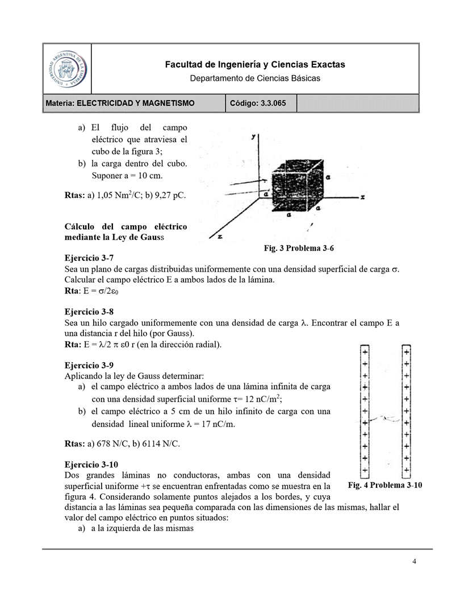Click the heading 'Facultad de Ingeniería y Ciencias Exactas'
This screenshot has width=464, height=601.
coord(254,65)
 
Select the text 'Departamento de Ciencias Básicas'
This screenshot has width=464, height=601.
coord(254,78)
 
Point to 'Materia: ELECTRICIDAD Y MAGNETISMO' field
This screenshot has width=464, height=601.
coord(120,103)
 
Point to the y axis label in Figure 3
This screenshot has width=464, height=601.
coord(253,137)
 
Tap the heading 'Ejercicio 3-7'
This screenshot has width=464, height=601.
coord(89,258)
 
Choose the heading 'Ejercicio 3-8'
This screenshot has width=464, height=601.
coord(89,312)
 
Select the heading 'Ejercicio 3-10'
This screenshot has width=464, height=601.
coord(91,464)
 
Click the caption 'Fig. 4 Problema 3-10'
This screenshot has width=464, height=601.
coord(384,485)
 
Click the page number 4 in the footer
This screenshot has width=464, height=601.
coord(414,562)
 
